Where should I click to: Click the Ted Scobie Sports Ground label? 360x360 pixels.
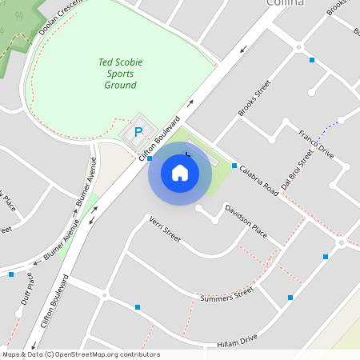(117, 73)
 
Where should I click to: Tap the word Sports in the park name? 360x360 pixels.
(117, 73)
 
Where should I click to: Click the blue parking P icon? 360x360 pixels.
(138, 132)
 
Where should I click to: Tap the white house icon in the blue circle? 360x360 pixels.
(180, 172)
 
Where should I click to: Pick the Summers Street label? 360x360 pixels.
(226, 295)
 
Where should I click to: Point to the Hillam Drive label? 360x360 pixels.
(238, 342)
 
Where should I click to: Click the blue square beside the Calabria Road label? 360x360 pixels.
(234, 166)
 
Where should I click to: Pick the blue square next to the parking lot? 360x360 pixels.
(150, 159)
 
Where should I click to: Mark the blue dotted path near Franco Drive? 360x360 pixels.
(325, 129)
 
